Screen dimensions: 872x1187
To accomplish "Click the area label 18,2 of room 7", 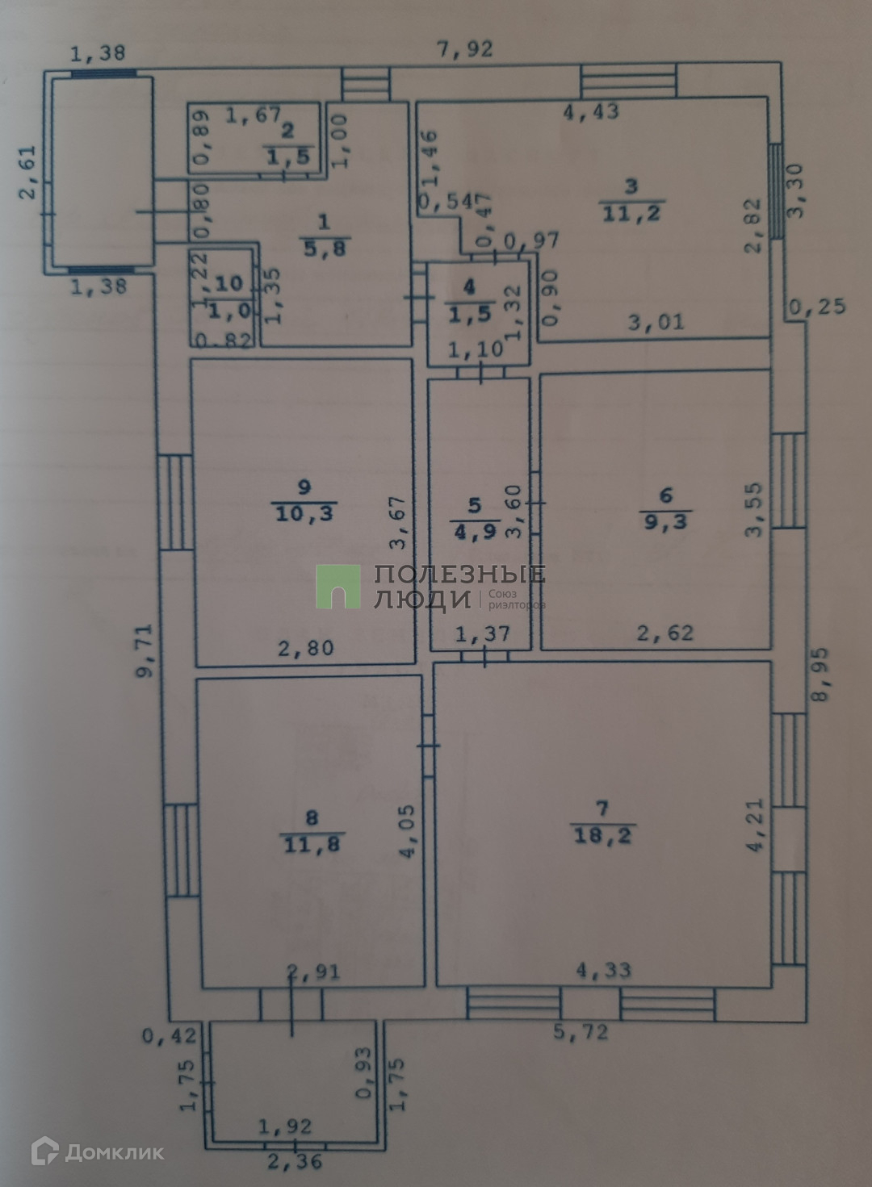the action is (602, 835).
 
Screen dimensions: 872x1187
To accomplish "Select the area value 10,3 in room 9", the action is (304, 512).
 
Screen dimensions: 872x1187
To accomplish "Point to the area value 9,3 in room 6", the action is (665, 521).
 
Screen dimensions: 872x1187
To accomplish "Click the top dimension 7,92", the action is (464, 50).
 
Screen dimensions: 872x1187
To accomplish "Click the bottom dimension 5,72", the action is (581, 1032).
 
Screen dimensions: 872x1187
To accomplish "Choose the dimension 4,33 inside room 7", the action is (603, 969).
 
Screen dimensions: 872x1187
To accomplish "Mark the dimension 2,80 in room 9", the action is (305, 647).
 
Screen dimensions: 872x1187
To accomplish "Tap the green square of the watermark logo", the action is (337, 586).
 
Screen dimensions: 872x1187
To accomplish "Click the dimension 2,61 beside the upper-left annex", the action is (28, 172).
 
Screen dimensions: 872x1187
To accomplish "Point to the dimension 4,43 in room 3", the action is (591, 111).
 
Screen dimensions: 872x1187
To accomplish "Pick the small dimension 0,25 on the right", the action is (817, 307).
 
